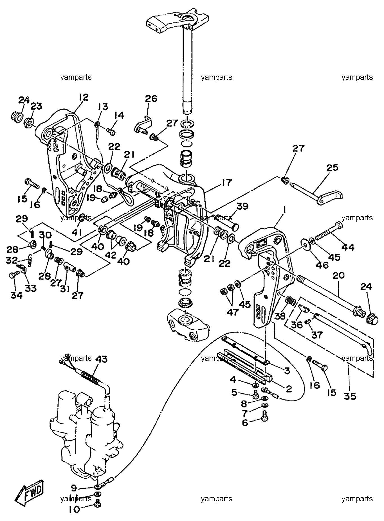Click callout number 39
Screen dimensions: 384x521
pyautogui.click(x=242, y=207)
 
